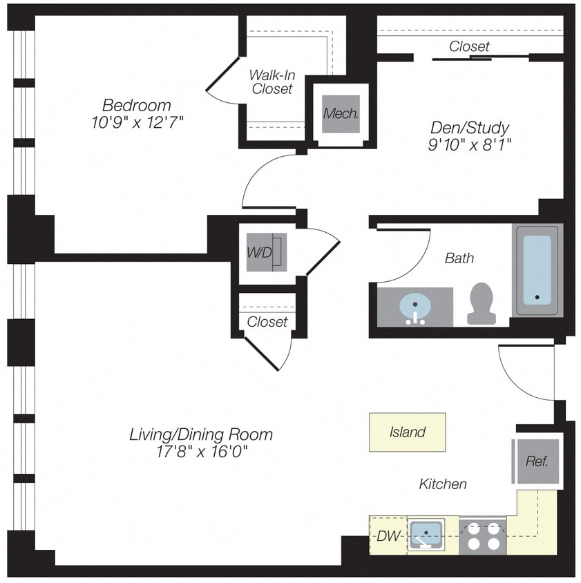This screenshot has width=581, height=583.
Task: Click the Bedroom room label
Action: click(136, 106)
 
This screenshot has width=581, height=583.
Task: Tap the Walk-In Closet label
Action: click(272, 82)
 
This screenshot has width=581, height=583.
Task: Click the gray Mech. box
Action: click(341, 113)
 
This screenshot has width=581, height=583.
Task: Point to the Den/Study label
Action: click(469, 128)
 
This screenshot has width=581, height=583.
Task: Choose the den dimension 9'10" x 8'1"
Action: click(469, 144)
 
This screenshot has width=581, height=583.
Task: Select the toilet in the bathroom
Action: click(482, 304)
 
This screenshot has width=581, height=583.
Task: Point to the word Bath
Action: click(459, 258)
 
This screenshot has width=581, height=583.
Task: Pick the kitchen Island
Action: click(407, 432)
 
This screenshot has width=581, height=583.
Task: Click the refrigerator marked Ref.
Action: click(536, 461)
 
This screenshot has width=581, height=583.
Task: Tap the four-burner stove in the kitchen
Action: click(482, 535)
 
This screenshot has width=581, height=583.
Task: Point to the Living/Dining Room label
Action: click(201, 434)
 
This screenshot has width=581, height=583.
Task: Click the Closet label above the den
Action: click(469, 46)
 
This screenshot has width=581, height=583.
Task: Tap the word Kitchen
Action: click(443, 484)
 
